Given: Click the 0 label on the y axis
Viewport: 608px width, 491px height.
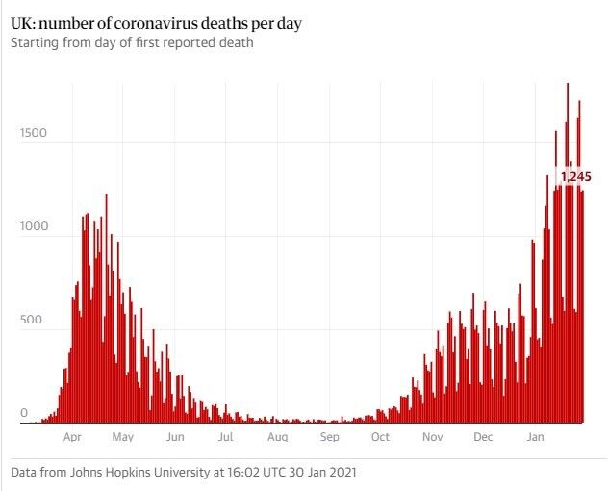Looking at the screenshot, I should (x=25, y=413).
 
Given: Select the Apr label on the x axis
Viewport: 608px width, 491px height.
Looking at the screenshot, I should (x=72, y=438).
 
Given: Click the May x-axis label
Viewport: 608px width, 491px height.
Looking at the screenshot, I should (x=122, y=438).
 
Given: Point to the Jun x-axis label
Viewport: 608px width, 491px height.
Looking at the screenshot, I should (x=174, y=438).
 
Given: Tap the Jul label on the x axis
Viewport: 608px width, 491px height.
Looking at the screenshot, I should (x=226, y=438).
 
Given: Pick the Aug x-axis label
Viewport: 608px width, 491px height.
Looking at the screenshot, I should (x=277, y=438).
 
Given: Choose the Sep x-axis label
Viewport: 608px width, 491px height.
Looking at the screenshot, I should (x=329, y=438).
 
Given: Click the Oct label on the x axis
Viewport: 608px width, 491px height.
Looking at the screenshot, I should (x=380, y=438).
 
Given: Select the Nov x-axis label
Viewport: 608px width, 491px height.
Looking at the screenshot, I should (x=432, y=438).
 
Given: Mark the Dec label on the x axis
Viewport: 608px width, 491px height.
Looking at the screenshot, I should (x=483, y=438).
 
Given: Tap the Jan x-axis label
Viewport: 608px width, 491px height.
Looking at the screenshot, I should (x=536, y=438).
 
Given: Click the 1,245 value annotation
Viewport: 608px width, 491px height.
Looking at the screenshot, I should (x=575, y=176).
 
